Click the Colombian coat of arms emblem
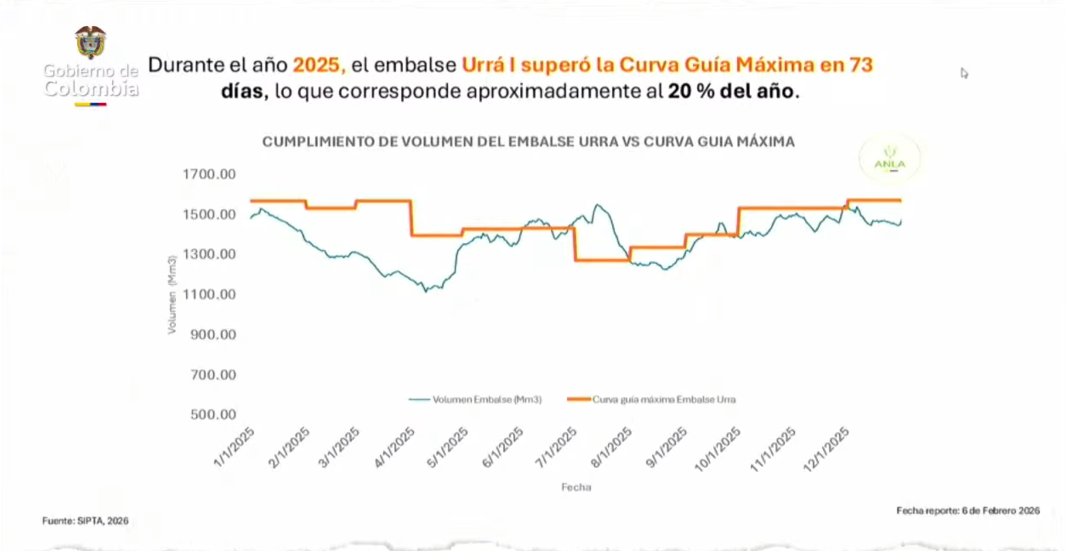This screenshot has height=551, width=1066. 90,43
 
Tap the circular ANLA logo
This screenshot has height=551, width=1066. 889,159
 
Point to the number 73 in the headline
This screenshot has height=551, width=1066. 860,65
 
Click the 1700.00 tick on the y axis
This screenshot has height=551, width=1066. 209,174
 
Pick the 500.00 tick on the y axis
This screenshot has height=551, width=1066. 213,414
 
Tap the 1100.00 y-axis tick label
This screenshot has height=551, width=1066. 209,294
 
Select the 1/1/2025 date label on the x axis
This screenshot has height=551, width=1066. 234,447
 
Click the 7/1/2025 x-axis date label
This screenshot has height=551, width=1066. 556,447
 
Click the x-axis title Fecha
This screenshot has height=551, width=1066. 576,487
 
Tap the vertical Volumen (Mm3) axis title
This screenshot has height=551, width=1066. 172,295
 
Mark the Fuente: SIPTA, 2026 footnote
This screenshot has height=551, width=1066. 85,520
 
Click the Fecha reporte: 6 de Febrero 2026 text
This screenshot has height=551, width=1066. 968,511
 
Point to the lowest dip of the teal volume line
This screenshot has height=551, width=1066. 426,291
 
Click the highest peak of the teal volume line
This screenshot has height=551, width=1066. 597,205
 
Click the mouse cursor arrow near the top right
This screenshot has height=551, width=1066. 963,73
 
